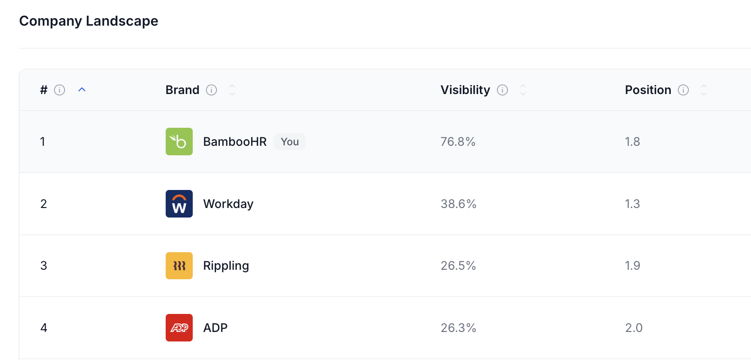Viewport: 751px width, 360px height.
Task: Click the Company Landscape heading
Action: pos(89,21)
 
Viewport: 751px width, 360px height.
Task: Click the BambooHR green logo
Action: pos(179,142)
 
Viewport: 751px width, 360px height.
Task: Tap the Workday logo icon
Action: pos(179,204)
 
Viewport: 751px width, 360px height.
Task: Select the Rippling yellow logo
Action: pos(179,265)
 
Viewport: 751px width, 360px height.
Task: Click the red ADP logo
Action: pos(179,328)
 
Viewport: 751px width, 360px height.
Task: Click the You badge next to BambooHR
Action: pos(290,142)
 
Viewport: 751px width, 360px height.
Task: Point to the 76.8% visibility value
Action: pos(458,142)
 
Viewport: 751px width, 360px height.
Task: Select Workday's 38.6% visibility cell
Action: pos(458,204)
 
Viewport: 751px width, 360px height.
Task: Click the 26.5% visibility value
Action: pos(458,265)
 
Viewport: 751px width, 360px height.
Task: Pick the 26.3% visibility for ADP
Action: pos(458,328)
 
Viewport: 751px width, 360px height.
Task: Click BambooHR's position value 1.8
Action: pos(632,142)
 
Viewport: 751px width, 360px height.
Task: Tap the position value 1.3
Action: pos(632,204)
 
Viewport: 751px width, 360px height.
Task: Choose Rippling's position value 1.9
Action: pos(632,265)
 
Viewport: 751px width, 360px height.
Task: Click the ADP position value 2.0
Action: pos(634,328)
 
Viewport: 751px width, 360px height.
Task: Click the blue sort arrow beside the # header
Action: pos(82,89)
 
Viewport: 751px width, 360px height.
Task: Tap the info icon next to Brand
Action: pos(211,90)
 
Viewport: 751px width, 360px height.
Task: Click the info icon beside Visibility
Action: pos(502,90)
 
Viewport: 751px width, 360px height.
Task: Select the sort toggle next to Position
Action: pos(704,90)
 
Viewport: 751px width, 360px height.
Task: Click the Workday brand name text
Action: pos(228,204)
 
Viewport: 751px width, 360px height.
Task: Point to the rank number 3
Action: pos(44,265)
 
